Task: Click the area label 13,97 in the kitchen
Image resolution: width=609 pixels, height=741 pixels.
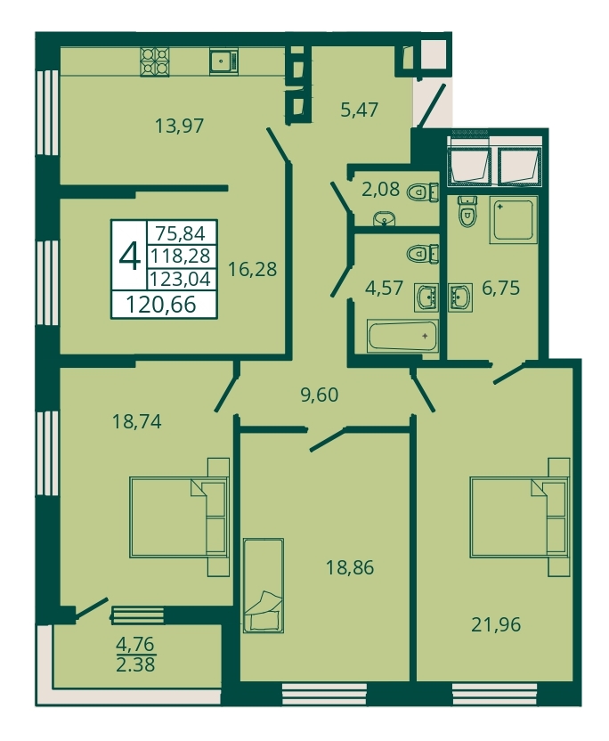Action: [180, 126]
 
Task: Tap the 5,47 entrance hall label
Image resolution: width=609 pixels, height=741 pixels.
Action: [359, 110]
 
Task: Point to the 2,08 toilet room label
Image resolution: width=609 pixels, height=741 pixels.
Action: [381, 190]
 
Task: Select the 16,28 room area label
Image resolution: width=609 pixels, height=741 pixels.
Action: [252, 269]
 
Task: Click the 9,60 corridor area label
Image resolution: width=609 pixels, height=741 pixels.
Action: [320, 395]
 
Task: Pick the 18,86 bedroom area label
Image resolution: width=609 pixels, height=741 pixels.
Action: [350, 567]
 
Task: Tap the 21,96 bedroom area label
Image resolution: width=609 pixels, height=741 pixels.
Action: [496, 624]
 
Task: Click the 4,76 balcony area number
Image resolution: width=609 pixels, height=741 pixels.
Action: [135, 644]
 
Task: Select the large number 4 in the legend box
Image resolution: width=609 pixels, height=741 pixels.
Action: [129, 256]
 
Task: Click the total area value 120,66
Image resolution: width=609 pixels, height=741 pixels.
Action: [161, 305]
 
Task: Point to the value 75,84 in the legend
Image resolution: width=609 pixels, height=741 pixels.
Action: [181, 233]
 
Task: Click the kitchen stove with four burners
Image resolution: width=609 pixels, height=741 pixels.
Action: [154, 61]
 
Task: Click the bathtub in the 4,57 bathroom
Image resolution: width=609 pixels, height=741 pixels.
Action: [403, 337]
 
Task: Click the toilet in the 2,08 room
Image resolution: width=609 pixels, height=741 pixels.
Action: [422, 192]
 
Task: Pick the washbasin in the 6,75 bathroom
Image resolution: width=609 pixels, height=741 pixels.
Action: [460, 297]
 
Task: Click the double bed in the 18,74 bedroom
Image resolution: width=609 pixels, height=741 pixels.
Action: [179, 517]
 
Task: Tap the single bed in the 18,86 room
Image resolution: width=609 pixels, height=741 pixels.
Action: [264, 585]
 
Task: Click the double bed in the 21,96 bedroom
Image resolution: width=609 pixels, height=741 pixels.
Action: [519, 517]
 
